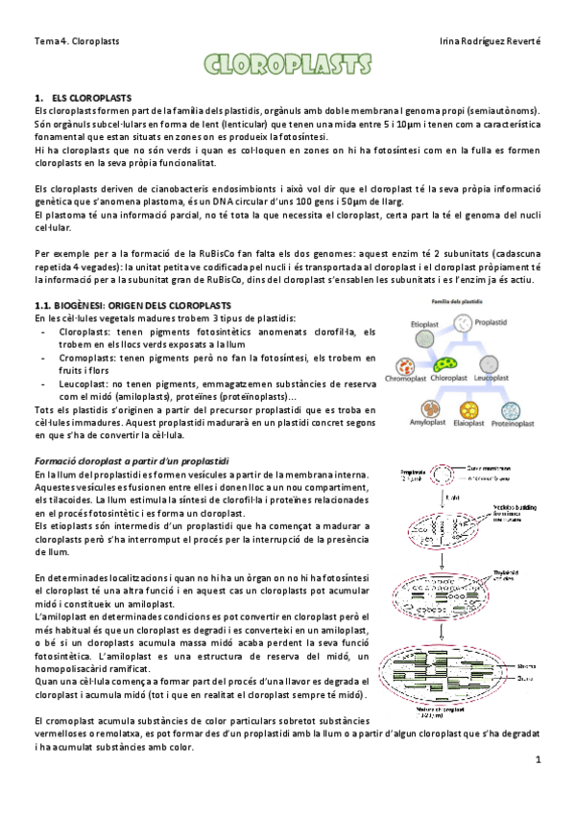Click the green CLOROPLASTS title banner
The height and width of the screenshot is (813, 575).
287,65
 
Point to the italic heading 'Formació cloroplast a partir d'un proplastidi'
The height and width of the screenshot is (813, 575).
132,461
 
